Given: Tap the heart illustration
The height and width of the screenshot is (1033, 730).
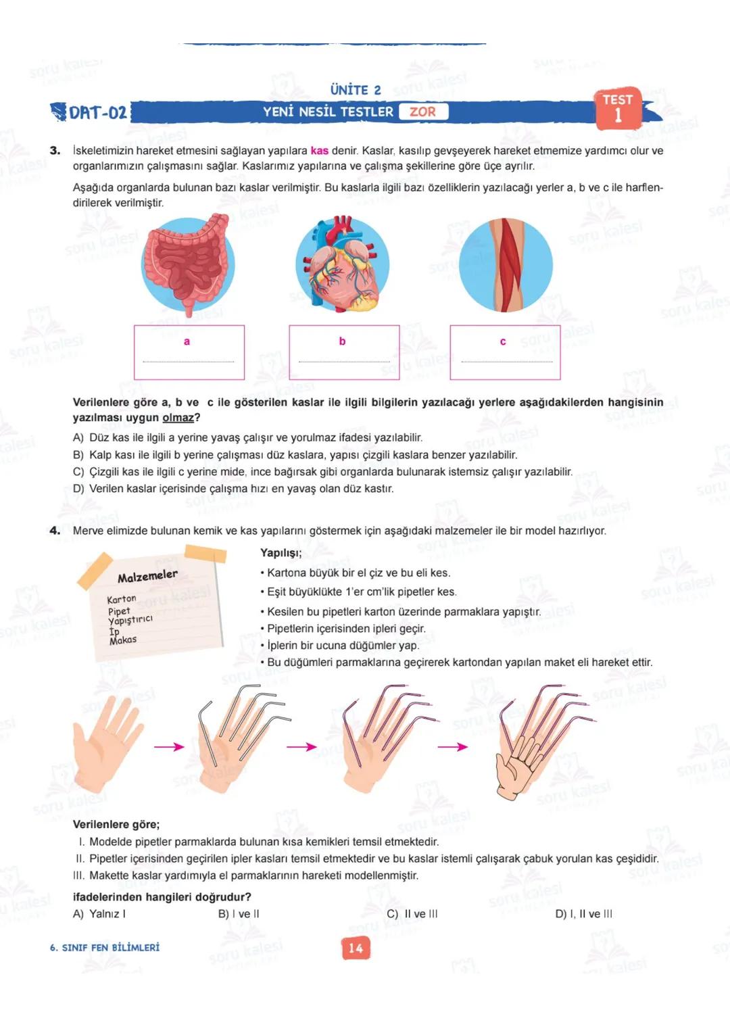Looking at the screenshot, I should pos(343,264).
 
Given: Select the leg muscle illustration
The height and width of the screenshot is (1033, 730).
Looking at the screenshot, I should pos(506,264).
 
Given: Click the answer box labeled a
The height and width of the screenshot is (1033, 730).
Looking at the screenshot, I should pos(189,352).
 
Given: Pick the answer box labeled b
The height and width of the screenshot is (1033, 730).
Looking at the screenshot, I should pos(344,352).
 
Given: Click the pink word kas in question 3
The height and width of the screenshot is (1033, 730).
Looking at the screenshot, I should pos(319,151).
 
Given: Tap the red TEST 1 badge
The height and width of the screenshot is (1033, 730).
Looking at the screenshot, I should pos(618,108).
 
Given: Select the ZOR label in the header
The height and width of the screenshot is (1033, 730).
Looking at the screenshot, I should pos(422,112).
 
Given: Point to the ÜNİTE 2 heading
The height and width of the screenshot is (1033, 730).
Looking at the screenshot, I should pos(356,90).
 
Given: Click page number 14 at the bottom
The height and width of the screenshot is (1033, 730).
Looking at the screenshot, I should pos(356,948).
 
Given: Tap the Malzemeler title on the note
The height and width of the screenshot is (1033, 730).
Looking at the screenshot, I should pos(147,576).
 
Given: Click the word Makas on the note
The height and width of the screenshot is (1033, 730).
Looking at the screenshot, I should pos(123,640).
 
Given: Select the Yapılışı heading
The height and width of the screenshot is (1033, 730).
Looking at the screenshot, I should pos(281,553).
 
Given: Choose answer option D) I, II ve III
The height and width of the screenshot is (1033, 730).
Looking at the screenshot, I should pos(583,914).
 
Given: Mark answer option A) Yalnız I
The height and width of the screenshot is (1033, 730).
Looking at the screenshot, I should pos(99,914).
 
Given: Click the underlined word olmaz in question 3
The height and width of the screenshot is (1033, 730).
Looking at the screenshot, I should pos(178,418).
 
